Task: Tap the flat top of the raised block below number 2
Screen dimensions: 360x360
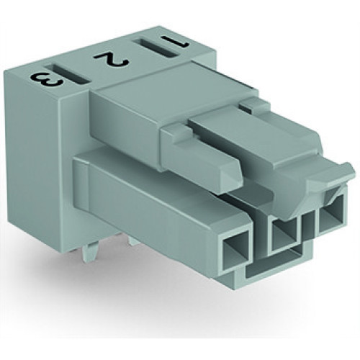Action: pos(137,94)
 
